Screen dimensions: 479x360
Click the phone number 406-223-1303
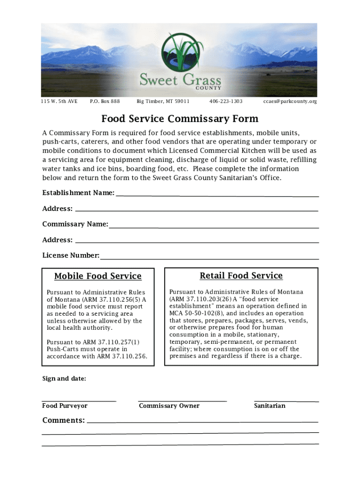point(225,102)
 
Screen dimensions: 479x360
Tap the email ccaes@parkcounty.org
point(290,102)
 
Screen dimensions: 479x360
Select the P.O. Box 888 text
point(105,102)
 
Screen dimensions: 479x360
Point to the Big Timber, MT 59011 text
point(163,102)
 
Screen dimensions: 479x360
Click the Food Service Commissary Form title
point(180,119)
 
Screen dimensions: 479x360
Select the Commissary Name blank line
point(214,227)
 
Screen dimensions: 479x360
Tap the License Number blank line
point(209,259)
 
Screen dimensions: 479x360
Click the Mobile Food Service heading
point(98,276)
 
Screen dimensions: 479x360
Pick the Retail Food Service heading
point(241,276)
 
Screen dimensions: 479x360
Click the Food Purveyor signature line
point(79,400)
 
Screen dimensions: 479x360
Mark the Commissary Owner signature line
point(182,400)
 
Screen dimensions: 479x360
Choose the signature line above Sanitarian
point(286,400)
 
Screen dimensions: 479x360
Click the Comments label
point(64,420)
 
